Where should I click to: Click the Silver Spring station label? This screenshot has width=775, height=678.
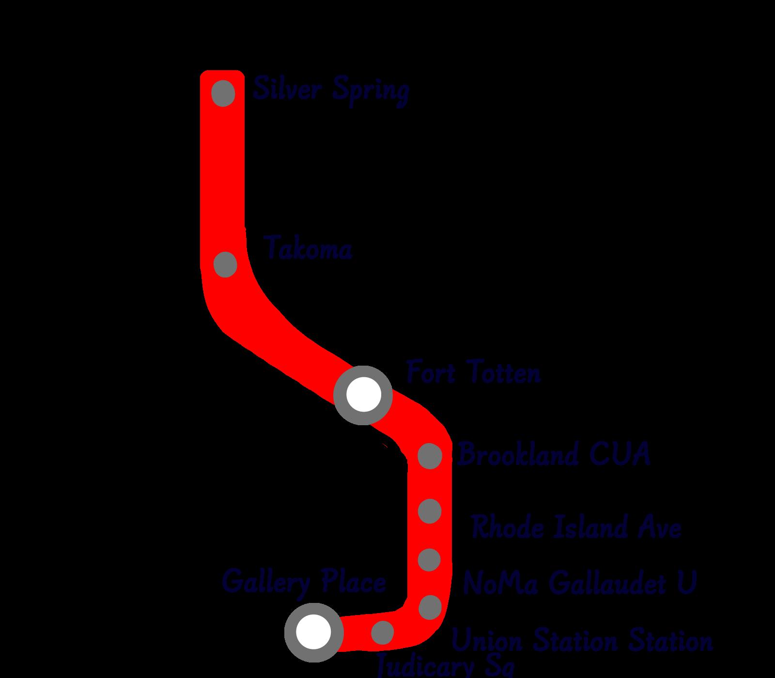pyautogui.click(x=331, y=90)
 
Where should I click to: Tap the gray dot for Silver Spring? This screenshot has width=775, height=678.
pyautogui.click(x=224, y=92)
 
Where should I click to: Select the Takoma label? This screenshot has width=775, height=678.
pyautogui.click(x=309, y=249)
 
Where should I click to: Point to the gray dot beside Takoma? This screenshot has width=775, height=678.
pyautogui.click(x=225, y=264)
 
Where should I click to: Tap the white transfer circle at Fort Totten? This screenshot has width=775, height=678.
pyautogui.click(x=363, y=395)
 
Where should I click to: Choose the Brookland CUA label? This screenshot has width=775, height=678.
pyautogui.click(x=554, y=455)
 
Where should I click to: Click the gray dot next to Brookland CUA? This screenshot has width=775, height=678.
pyautogui.click(x=430, y=456)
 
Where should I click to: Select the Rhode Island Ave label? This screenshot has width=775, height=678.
pyautogui.click(x=576, y=527)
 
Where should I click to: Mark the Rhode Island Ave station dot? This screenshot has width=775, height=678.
pyautogui.click(x=429, y=511)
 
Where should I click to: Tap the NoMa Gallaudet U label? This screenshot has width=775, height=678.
pyautogui.click(x=579, y=582)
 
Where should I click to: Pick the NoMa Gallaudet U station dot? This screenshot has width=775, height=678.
pyautogui.click(x=429, y=560)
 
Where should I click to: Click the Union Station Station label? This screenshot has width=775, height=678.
pyautogui.click(x=582, y=641)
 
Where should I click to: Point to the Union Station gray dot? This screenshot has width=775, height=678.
pyautogui.click(x=430, y=607)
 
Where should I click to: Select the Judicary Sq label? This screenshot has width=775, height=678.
pyautogui.click(x=445, y=666)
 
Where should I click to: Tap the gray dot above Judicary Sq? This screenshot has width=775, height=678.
pyautogui.click(x=383, y=632)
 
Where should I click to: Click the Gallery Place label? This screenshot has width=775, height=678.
pyautogui.click(x=304, y=581)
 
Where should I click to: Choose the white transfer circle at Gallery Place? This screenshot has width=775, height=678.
pyautogui.click(x=313, y=632)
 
